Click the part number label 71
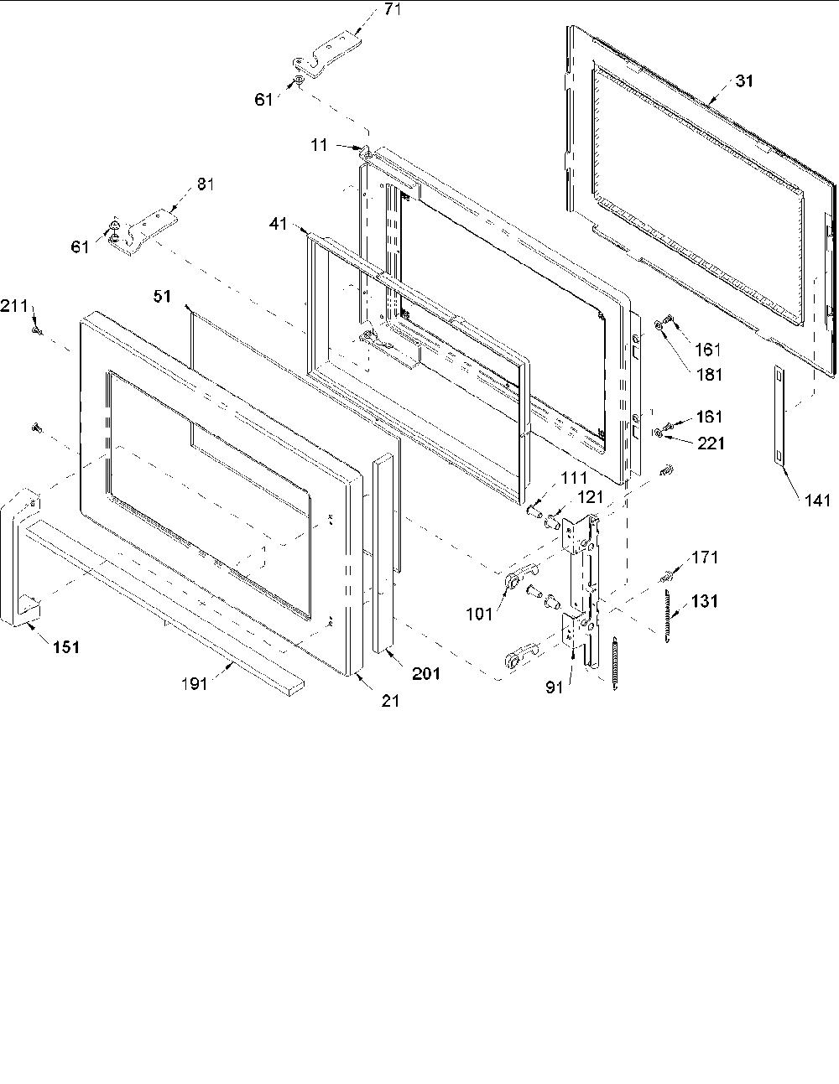[393, 9]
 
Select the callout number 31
[744, 80]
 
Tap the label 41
[278, 224]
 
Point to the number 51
[162, 296]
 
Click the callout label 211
[14, 306]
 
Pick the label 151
[66, 647]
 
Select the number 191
[194, 683]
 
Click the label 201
[425, 674]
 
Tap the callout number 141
[817, 501]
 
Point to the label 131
[704, 601]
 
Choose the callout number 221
[711, 443]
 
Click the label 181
[709, 375]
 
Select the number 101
[479, 614]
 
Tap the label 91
[554, 688]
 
